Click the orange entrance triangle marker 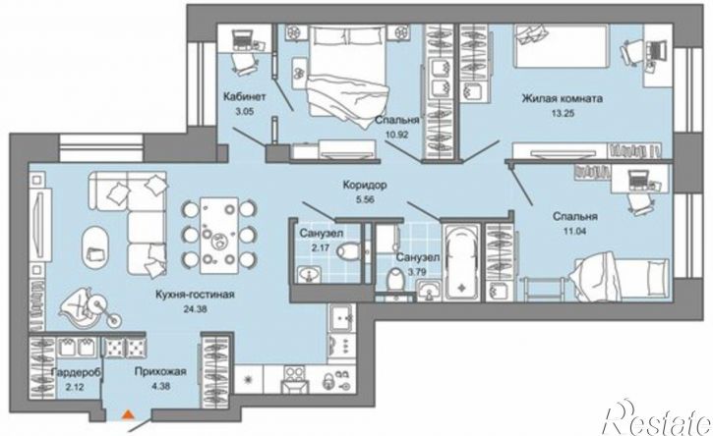coord(129,413)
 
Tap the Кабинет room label coord(244,97)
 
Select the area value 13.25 coord(563,114)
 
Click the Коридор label coord(365,186)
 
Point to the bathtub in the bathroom coord(461,262)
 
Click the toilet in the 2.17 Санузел coord(350,250)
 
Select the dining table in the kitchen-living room coord(219,235)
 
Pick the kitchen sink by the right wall coord(341,319)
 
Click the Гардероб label coord(77,372)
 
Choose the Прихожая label coord(160,372)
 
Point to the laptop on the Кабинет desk coord(242,39)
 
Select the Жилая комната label coord(563,98)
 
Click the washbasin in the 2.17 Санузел coord(310,274)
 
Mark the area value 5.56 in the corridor coord(365,199)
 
